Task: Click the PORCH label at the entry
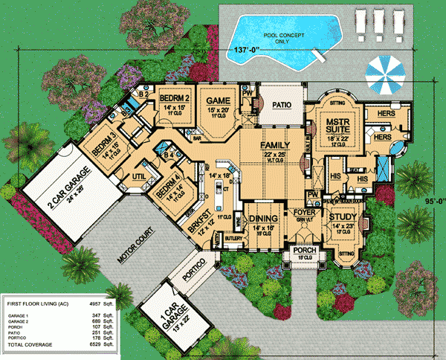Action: [x=305, y=250]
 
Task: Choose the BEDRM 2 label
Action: [x=177, y=99]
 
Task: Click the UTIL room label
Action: [x=138, y=176]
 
